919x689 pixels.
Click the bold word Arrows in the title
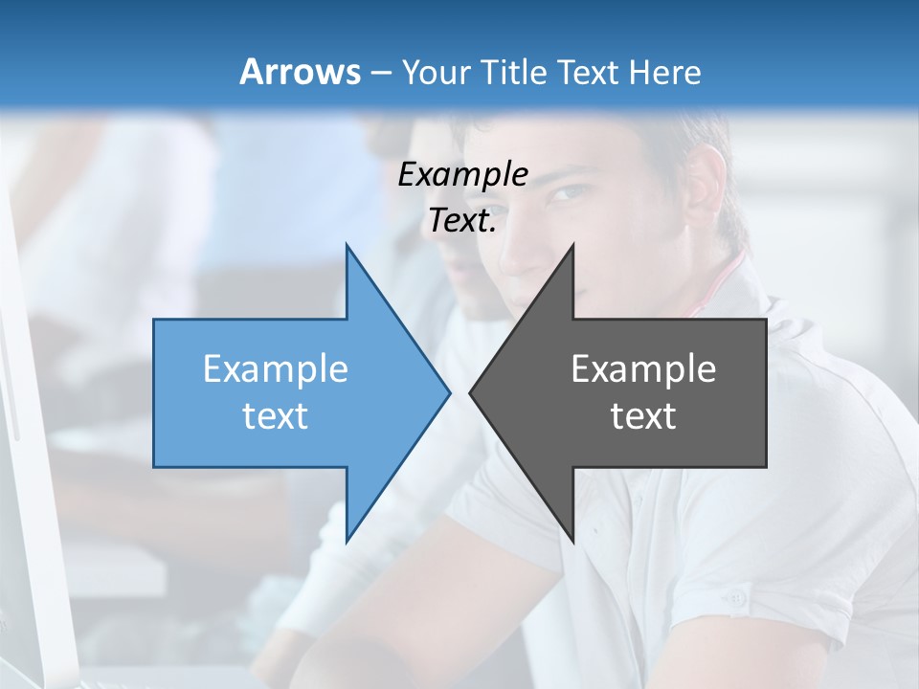(300, 72)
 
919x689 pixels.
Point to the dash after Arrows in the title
(380, 73)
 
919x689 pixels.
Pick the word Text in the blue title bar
(588, 72)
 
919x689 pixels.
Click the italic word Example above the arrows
(462, 175)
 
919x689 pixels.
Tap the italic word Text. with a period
(462, 221)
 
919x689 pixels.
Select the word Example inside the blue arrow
(276, 369)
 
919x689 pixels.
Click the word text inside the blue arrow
(276, 416)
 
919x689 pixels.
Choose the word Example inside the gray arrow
(643, 369)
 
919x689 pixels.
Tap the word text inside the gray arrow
(643, 416)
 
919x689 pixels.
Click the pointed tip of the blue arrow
(450, 392)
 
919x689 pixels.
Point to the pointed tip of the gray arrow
(470, 392)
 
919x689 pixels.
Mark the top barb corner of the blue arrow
(347, 244)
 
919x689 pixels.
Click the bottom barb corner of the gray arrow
(573, 542)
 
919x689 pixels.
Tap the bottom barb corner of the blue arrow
(347, 542)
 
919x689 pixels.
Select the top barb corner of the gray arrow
(573, 244)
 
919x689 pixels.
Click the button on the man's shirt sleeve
(734, 598)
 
